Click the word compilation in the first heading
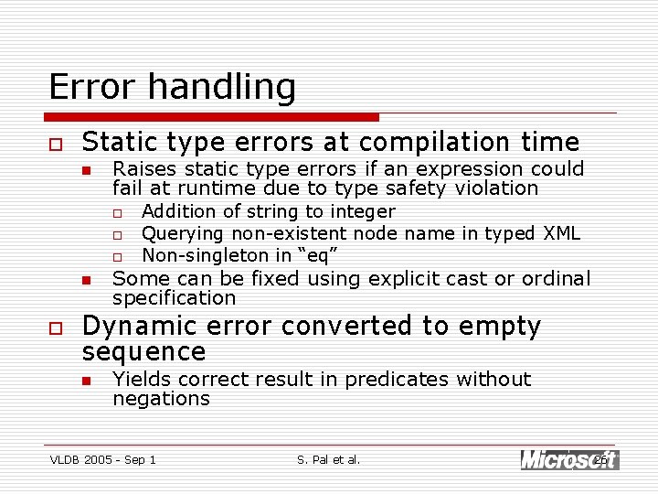pos(425,143)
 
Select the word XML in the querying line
pos(561,233)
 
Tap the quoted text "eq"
pos(306,254)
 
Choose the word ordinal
pos(556,278)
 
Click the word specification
pos(174,298)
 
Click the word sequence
pos(143,352)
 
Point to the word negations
pos(161,399)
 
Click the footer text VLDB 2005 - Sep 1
pos(102,459)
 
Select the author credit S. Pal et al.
pos(329,459)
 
